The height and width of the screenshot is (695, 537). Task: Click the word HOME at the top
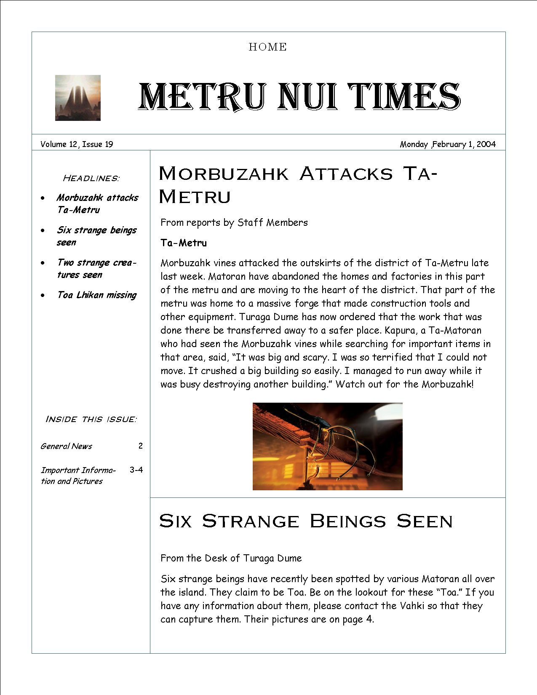point(267,47)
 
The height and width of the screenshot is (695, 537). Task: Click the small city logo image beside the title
point(78,98)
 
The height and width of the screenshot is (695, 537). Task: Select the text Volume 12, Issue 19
point(77,144)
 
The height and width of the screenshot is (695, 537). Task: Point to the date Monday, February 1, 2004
point(447,144)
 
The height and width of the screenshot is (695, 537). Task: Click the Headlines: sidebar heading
point(91,178)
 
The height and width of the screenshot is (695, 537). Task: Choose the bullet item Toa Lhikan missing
point(97,295)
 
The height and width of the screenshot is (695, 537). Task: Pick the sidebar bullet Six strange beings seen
point(96,236)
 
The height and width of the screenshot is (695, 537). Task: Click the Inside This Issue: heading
point(91,419)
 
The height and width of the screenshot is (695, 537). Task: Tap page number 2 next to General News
point(141,446)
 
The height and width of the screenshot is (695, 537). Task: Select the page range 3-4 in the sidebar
point(136,470)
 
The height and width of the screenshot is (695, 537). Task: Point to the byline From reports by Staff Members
point(234,222)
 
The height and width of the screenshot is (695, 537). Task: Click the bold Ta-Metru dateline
point(184,243)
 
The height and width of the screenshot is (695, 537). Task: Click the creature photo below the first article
point(327,446)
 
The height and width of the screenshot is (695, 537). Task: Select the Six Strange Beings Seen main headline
point(306,521)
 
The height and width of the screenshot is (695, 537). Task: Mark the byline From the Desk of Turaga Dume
point(231,558)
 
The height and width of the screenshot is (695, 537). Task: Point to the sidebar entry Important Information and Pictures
point(78,476)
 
